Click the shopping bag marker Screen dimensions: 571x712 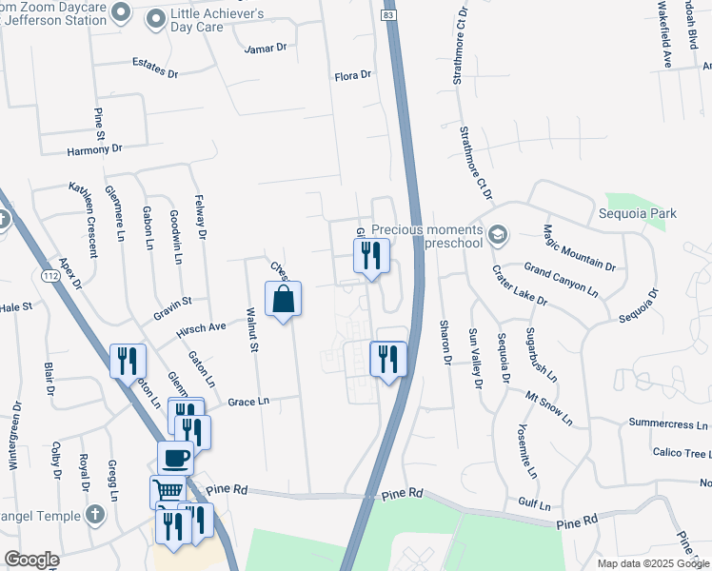283,300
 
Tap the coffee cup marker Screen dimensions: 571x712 175,459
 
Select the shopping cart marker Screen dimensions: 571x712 167,491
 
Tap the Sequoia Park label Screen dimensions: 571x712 637,213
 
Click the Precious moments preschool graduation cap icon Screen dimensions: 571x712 497,234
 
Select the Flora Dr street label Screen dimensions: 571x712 352,76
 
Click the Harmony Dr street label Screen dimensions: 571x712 95,149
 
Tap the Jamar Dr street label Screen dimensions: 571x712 265,48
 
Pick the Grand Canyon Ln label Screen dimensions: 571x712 560,279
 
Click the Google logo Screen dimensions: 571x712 32,560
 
